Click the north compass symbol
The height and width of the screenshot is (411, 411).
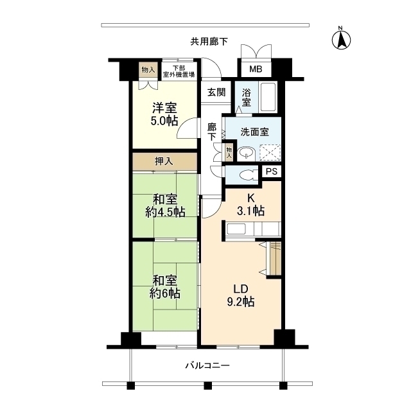(x=341, y=40)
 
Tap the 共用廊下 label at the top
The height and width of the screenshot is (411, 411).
(x=209, y=41)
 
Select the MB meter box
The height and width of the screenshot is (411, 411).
(x=255, y=69)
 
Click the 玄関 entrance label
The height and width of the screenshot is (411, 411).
(x=216, y=92)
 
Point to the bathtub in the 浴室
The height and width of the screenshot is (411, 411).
(x=268, y=97)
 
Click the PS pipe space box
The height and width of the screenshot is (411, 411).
(x=270, y=171)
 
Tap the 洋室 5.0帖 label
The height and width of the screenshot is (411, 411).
(x=164, y=114)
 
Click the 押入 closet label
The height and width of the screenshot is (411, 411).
(x=164, y=161)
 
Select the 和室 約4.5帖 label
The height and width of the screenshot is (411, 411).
(x=164, y=205)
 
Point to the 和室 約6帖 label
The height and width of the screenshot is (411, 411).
(x=164, y=287)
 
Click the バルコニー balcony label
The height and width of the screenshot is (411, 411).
(x=207, y=365)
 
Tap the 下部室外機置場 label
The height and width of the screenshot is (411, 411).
(x=178, y=71)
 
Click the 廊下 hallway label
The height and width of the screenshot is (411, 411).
(x=211, y=132)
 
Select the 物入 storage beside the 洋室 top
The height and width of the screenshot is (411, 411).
(x=148, y=69)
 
